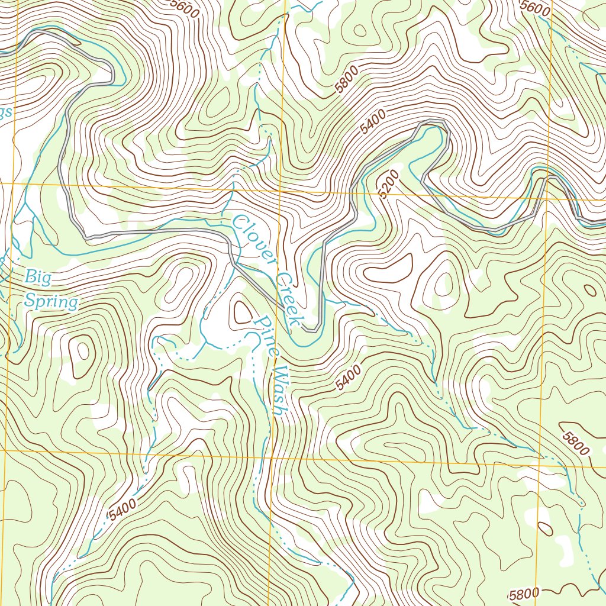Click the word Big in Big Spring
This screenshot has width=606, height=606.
click(x=38, y=277)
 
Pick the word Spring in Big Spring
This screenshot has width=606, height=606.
click(x=51, y=301)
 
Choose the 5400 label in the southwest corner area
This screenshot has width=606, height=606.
click(x=123, y=510)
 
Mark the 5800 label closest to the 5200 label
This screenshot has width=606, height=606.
click(x=346, y=80)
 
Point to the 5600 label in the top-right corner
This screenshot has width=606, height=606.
click(x=536, y=8)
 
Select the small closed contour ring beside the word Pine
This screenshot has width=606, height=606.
click(x=242, y=311)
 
